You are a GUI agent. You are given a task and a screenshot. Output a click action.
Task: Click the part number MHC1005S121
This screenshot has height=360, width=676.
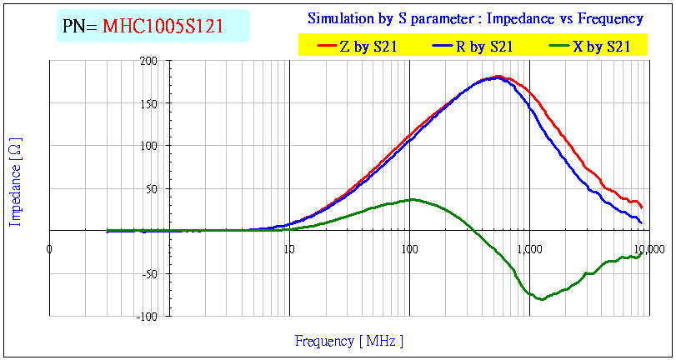tap(163, 27)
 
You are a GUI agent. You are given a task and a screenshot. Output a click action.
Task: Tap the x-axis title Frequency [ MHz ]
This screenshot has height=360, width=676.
tap(348, 341)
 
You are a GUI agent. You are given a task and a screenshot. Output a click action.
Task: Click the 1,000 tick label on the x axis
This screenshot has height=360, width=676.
tap(529, 249)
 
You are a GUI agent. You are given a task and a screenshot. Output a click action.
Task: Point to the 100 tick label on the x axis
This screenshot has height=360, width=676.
tap(409, 249)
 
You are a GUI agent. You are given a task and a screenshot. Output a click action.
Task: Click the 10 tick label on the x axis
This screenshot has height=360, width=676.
tap(289, 249)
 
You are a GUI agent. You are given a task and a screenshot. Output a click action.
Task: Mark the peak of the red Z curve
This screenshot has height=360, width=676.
tap(498, 77)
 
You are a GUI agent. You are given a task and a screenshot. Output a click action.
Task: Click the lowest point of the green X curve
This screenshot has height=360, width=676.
tap(542, 299)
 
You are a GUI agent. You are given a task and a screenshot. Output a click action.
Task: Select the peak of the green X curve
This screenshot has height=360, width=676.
tap(411, 199)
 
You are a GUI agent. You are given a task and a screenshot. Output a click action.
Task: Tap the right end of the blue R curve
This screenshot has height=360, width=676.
tap(641, 222)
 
